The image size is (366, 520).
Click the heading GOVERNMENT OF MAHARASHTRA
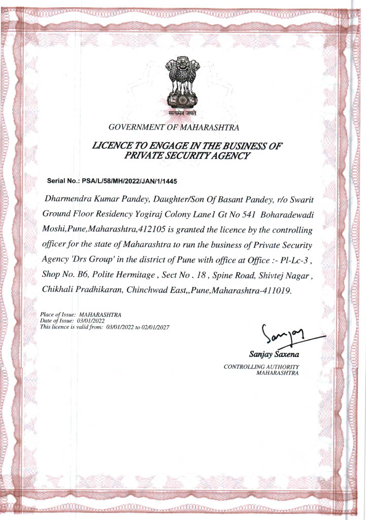click(x=174, y=127)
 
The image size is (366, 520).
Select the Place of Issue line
click(x=80, y=315)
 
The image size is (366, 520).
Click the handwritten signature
click(x=284, y=335)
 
